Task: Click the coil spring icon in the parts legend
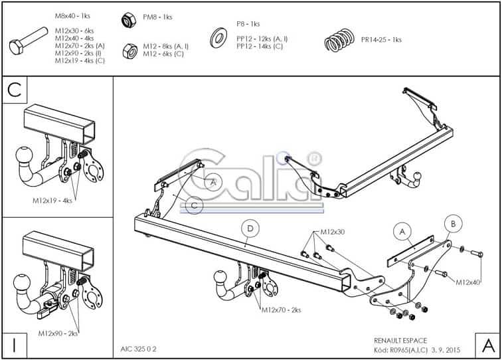coord(340,40)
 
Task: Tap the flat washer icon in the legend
coord(218,38)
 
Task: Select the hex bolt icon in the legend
coord(29,41)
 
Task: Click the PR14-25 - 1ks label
coord(381,40)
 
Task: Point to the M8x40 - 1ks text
coord(72,16)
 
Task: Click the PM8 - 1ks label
coord(157,17)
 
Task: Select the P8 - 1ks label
coord(248,24)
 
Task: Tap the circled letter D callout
coord(250,228)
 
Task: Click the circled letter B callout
coord(453,224)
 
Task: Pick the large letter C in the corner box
coord(15,90)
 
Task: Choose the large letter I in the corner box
coord(15,346)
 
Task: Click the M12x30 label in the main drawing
coord(333,232)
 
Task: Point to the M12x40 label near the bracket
coord(467,282)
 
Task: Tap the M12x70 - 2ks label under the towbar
coord(282,310)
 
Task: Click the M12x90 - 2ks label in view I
coord(58,333)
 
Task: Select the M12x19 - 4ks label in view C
coord(52,201)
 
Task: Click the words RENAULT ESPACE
coord(400,341)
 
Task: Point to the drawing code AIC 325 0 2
coord(138,349)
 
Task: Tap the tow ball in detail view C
coord(24,155)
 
